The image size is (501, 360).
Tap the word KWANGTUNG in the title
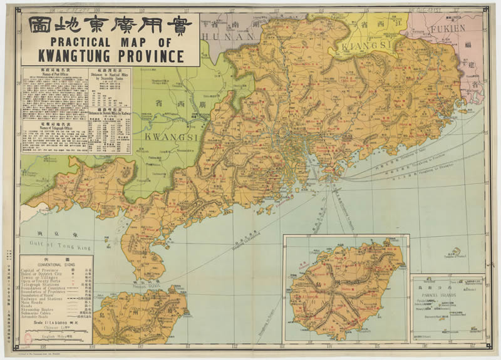coord(81,56)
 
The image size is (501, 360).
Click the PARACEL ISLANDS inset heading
coord(445,290)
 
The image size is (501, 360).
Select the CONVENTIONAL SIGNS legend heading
coord(56,264)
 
